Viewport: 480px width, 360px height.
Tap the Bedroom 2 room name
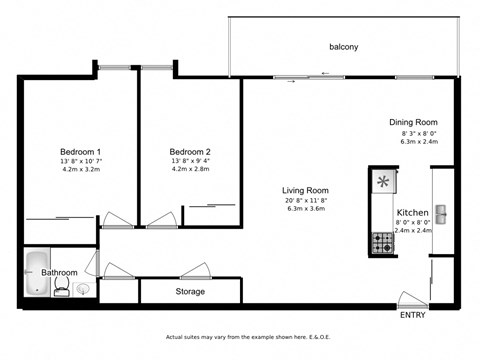(189, 151)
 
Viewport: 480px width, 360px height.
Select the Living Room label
(307, 190)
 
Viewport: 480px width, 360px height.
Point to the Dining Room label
(414, 123)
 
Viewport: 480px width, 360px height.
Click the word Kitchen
(413, 214)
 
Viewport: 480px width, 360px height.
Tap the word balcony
(345, 47)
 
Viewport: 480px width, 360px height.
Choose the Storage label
(190, 292)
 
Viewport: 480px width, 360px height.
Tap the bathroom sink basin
(82, 289)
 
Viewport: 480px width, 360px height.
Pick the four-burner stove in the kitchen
(382, 241)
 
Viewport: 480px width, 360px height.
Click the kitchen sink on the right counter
(441, 214)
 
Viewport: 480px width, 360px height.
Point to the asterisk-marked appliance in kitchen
(382, 182)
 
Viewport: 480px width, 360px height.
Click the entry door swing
(411, 299)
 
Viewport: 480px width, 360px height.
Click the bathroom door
(92, 264)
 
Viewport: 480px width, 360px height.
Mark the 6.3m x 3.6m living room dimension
(307, 209)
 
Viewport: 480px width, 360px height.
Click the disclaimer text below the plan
(241, 338)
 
